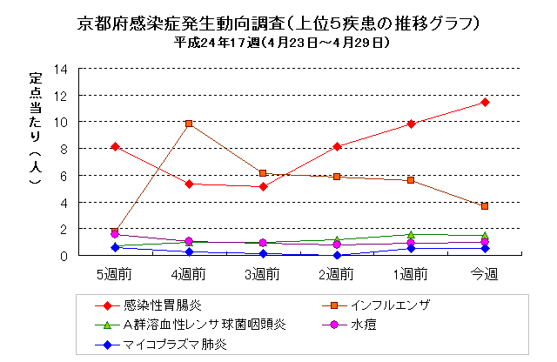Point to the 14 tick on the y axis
coord(61,69)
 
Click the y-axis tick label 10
coord(61,122)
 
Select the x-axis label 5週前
coord(114,274)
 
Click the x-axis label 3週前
coord(262,274)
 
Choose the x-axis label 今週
coord(485,274)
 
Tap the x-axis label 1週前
coord(411,274)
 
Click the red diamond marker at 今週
coord(485,103)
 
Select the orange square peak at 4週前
coord(188,124)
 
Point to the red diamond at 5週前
coord(114,146)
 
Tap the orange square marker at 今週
coord(485,206)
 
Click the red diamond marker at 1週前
coord(411,124)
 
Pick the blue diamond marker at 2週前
coord(337,256)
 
